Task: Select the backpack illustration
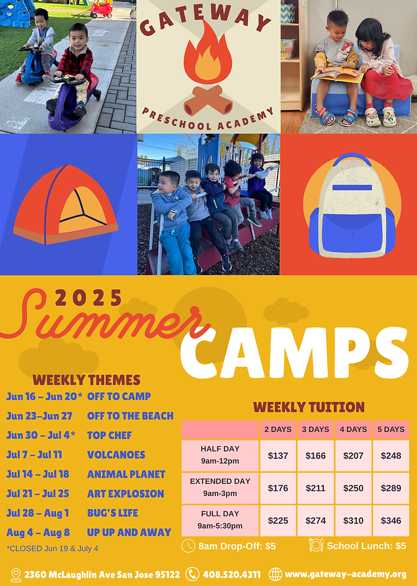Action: pyautogui.click(x=351, y=206)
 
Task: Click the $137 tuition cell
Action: pyautogui.click(x=278, y=456)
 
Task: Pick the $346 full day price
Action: pyautogui.click(x=391, y=520)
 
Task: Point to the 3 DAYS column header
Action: pyautogui.click(x=316, y=429)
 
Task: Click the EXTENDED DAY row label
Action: pyautogui.click(x=220, y=487)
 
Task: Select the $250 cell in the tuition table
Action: pyautogui.click(x=353, y=488)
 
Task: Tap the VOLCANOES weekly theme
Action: pyautogui.click(x=116, y=455)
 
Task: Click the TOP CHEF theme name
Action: pyautogui.click(x=109, y=435)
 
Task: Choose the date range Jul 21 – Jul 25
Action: pyautogui.click(x=38, y=494)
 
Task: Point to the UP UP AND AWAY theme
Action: pyautogui.click(x=129, y=532)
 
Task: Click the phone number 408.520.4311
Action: pyautogui.click(x=231, y=575)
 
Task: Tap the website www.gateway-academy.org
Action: pyautogui.click(x=345, y=575)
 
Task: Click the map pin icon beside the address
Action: pyautogui.click(x=16, y=575)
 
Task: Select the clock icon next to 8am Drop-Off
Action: pyautogui.click(x=188, y=545)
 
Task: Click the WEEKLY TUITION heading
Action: pyautogui.click(x=308, y=408)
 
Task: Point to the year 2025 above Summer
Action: pyautogui.click(x=88, y=298)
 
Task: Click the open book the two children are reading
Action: pyautogui.click(x=337, y=75)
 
